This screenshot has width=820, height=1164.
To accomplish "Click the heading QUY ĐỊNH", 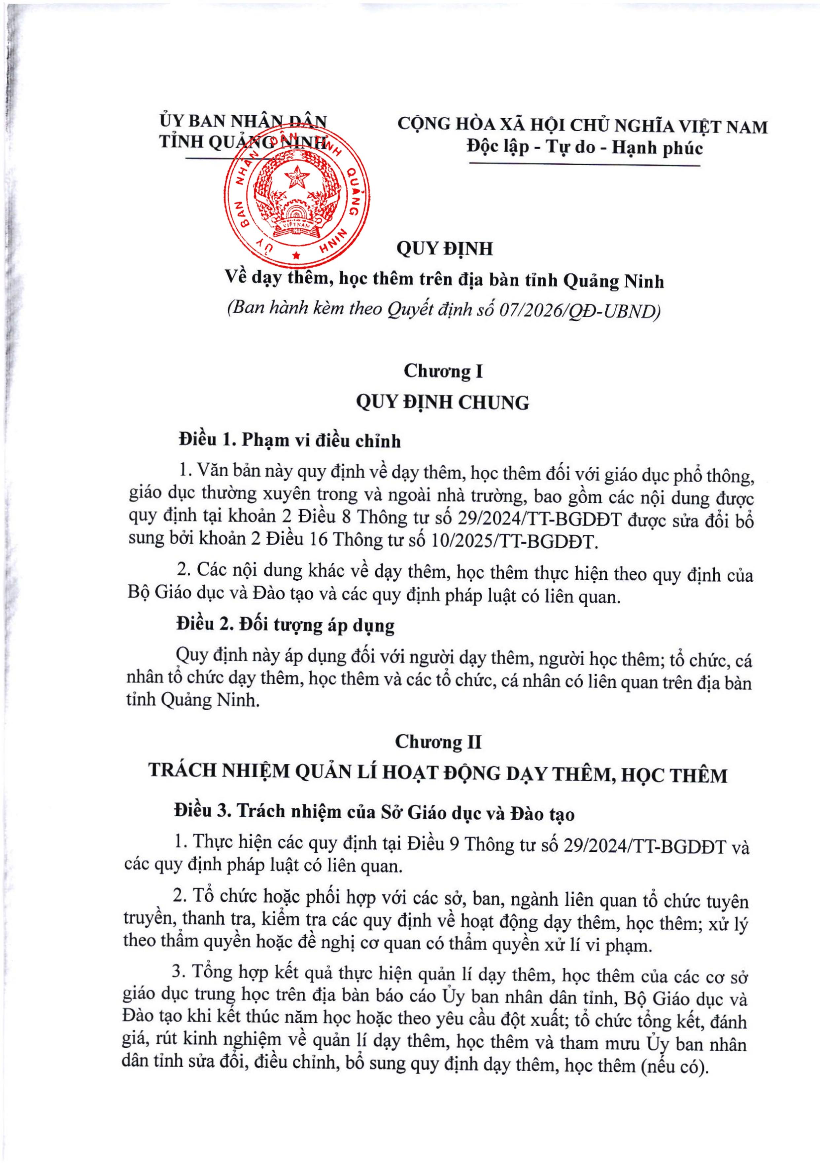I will [x=444, y=249].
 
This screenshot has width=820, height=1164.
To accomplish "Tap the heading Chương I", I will [x=443, y=371].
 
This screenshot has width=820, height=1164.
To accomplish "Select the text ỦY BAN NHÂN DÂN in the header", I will [x=243, y=122].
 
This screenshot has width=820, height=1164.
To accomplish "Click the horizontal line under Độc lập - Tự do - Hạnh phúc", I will [x=585, y=164].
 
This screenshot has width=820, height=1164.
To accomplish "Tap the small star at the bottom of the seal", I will [x=296, y=255].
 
